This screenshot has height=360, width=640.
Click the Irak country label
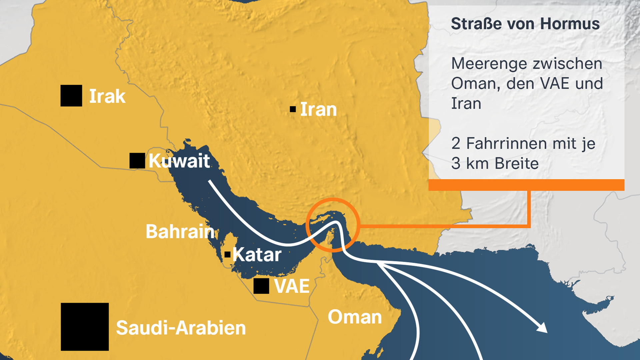pos(107,96)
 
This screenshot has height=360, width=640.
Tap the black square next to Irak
pos(71,96)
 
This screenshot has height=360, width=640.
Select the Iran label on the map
pos(318,110)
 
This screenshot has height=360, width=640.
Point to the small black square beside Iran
pos(293,109)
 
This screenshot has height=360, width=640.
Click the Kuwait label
pos(179,161)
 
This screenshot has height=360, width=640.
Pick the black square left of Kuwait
pos(137,161)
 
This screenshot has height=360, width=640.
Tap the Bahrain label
pos(180,232)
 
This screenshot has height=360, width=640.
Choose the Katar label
pos(257,255)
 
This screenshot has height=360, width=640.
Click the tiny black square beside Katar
pos(228,255)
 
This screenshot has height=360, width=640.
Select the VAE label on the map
pos(292,286)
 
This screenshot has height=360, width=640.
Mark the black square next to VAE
pos(261,286)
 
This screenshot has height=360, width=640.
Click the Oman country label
pos(355,317)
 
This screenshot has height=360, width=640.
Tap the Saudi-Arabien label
pos(181,328)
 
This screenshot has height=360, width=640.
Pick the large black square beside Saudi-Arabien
pos(85,327)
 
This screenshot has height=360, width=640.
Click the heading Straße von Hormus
pos(525,24)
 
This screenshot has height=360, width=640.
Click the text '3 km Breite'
pos(495,164)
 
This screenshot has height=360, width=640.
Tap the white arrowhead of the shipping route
pos(542,328)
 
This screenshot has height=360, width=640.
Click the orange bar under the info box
pos(526,185)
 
